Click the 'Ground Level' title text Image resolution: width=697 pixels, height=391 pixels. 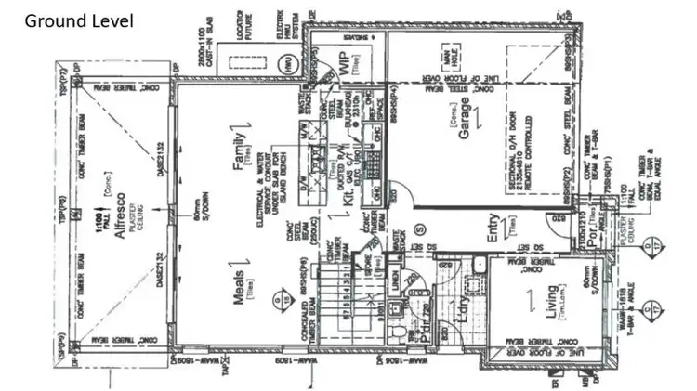[78, 20]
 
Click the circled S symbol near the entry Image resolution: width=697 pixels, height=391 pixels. [419, 228]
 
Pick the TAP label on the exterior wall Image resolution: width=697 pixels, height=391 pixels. [227, 369]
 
